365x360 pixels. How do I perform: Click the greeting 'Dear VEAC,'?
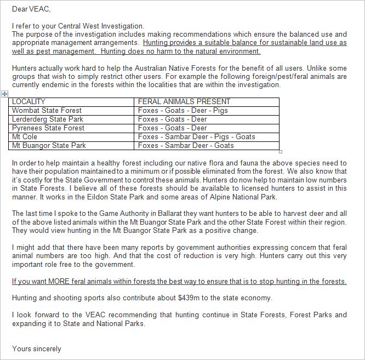(x=30, y=9)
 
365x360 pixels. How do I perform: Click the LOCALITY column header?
(x=28, y=102)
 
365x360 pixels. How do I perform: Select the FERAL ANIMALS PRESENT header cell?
(x=184, y=102)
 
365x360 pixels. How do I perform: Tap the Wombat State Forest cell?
(x=47, y=111)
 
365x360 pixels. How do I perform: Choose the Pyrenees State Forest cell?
(x=48, y=128)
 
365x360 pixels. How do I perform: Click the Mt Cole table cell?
(x=25, y=137)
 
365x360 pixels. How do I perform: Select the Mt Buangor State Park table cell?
(x=49, y=146)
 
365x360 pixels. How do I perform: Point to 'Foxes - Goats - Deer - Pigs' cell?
(x=182, y=111)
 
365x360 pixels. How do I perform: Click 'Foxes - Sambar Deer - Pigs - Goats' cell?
(x=196, y=137)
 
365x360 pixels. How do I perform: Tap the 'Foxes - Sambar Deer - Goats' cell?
(x=186, y=146)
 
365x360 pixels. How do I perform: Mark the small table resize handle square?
(x=281, y=152)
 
